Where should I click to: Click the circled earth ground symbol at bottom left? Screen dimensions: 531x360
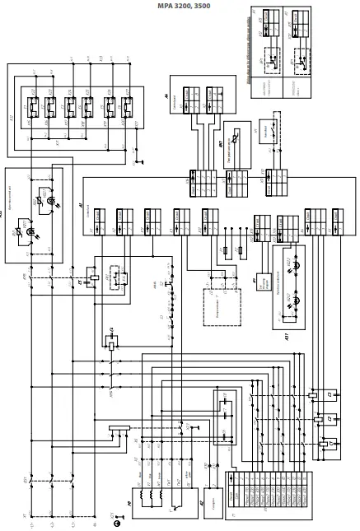[117, 522]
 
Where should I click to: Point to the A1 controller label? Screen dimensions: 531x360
[81, 205]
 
